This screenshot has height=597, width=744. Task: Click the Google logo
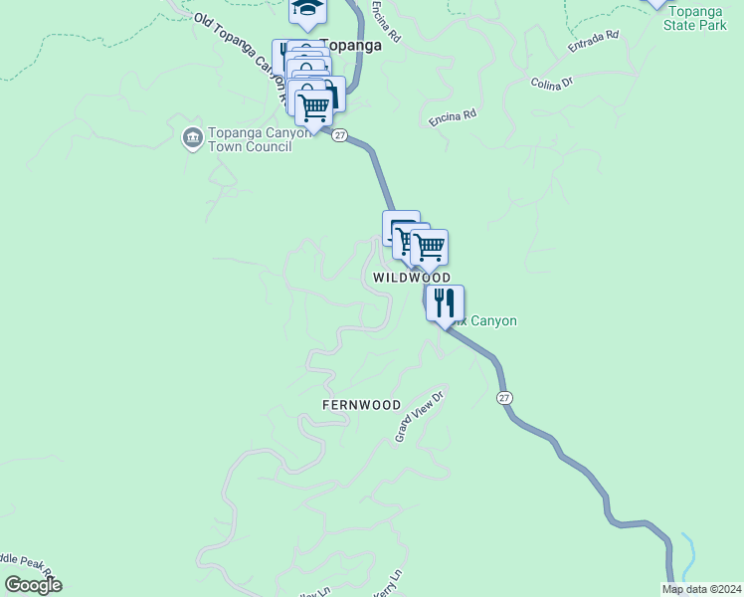32,585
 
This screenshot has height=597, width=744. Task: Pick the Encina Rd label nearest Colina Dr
453,116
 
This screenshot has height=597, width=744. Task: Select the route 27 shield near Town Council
339,135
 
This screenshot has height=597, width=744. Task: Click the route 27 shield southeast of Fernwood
506,398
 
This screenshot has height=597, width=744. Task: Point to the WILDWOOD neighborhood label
412,278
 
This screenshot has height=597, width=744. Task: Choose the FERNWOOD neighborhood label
361,405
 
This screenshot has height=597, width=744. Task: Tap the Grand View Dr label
418,417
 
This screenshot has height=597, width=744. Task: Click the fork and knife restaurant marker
445,302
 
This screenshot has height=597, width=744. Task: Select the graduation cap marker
308,10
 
